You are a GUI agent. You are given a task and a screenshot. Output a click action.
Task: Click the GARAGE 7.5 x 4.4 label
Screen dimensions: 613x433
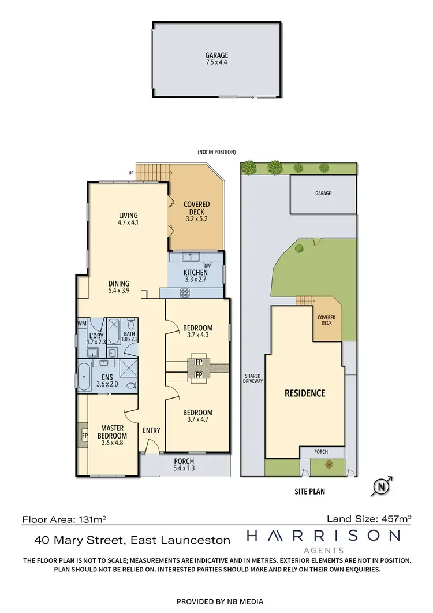[x=216, y=59]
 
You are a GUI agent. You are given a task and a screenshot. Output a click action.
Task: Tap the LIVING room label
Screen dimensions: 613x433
[x=128, y=218]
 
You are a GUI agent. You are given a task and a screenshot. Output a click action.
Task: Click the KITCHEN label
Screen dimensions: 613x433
[x=196, y=276]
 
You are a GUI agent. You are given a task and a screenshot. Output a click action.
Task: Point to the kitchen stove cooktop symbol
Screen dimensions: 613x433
[x=185, y=292]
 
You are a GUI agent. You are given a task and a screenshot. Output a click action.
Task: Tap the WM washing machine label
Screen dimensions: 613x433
[x=81, y=323]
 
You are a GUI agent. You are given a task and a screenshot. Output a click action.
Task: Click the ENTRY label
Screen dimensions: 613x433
[x=151, y=430]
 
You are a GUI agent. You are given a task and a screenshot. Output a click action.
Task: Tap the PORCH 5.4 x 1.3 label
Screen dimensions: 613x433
[x=185, y=463]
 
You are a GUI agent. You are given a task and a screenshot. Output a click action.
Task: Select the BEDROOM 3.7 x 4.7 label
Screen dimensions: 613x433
[x=197, y=416]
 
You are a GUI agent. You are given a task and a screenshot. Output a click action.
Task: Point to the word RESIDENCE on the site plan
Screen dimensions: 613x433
[x=305, y=393]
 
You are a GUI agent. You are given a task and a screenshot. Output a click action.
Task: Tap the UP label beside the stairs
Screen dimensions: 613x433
[x=132, y=173]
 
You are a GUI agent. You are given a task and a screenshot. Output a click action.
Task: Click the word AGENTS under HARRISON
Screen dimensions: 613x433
[x=323, y=550]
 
